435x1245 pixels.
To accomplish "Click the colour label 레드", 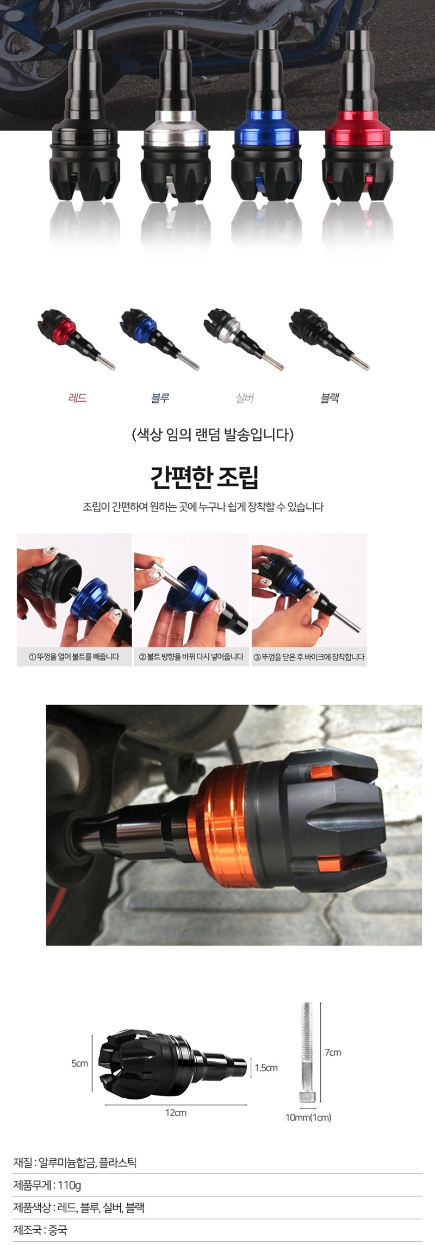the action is coord(78,398).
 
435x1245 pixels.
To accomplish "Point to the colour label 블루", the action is coord(160,398).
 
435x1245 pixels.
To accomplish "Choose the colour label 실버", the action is coord(245,398).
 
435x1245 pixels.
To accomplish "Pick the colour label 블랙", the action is coord(330,398).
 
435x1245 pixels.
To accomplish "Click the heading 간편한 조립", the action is coord(204,477).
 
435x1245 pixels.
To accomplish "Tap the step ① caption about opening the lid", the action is coord(74,657).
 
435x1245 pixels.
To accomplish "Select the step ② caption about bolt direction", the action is coord(191,657).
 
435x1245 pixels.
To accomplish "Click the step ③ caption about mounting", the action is coord(308,657).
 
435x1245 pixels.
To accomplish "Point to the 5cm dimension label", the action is coord(79,1063).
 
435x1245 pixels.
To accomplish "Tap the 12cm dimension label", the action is coord(176,1112).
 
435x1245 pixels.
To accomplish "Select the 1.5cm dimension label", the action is coord(266,1067).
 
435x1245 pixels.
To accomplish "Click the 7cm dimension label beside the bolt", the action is coord(333,1052).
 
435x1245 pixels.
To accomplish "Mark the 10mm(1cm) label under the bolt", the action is coord(308,1117).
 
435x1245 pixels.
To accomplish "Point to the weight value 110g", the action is coord(70,1185).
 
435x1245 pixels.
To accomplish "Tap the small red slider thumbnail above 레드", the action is coord(76,338).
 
